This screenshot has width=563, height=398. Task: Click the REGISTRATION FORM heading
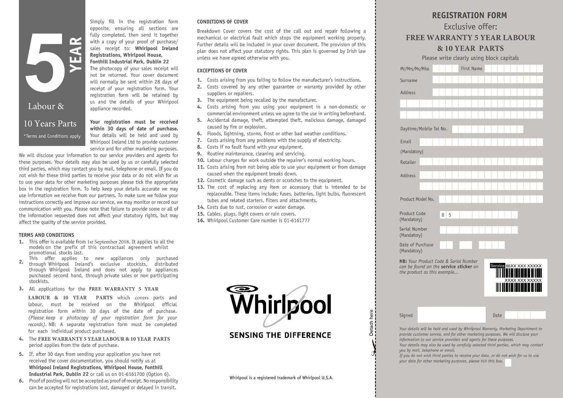(469, 15)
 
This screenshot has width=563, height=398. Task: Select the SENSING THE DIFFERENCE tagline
(280, 335)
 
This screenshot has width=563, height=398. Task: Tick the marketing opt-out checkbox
(508, 363)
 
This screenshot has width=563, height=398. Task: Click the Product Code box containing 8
(443, 215)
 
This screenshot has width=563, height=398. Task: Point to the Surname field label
(409, 81)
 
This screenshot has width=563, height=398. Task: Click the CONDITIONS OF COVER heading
(222, 22)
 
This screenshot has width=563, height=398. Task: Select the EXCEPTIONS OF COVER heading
(222, 71)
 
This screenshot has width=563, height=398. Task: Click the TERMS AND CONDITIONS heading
(46, 235)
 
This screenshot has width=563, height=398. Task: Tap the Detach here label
(371, 322)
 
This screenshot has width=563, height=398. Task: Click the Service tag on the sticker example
(497, 266)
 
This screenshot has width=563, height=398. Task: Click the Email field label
(406, 142)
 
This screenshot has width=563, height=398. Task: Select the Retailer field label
(408, 162)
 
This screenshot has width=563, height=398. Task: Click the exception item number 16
(200, 221)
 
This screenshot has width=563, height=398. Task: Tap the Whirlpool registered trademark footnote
(281, 378)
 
